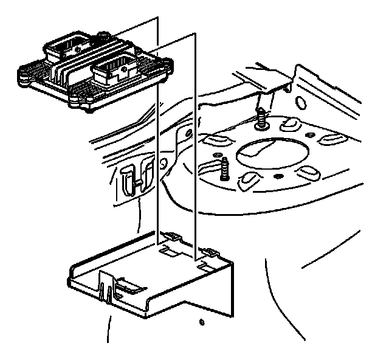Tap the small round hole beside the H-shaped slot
163,163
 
